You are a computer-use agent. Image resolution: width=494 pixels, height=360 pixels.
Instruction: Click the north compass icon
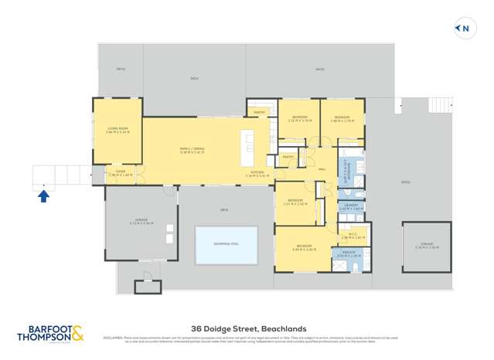click(463, 29)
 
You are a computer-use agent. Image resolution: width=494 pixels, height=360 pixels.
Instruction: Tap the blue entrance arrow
click(44, 196)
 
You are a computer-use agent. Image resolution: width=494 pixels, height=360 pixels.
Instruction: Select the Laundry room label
click(351, 207)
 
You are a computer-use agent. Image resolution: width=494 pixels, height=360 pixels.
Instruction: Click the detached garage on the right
click(426, 246)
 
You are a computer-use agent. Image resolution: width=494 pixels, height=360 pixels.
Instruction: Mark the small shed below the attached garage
click(147, 286)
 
